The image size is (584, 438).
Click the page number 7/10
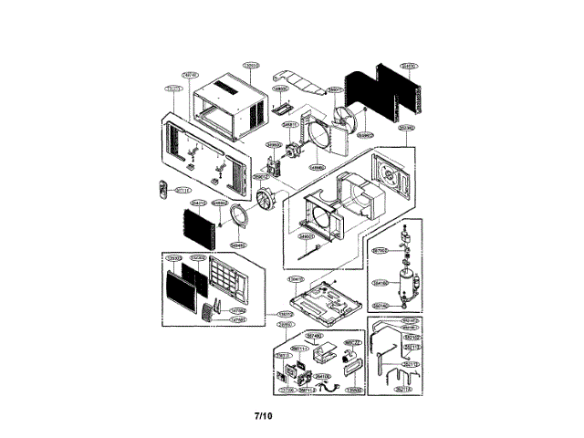[264, 417]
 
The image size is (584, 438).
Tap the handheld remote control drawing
[163, 191]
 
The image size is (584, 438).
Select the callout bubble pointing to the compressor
[382, 283]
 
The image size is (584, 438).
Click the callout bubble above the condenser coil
[411, 66]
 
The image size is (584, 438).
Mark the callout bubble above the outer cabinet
[251, 65]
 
